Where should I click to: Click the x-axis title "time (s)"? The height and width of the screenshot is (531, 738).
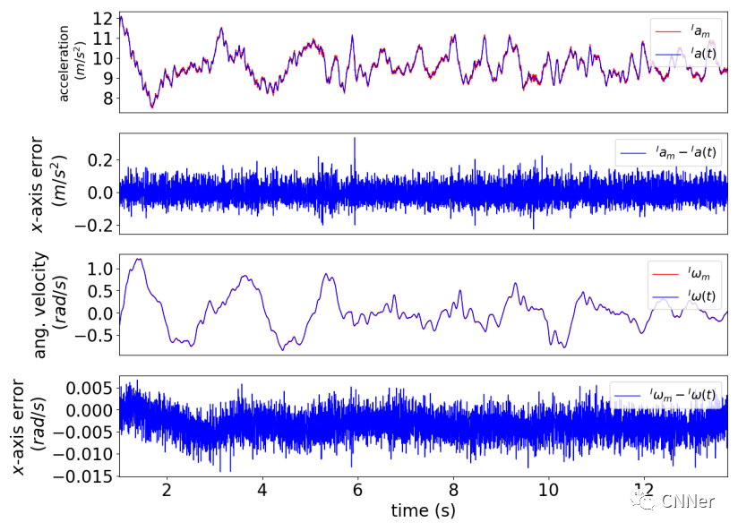click(x=423, y=511)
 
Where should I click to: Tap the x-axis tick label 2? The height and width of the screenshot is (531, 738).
click(x=167, y=490)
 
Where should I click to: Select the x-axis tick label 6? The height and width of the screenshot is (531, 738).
click(x=358, y=490)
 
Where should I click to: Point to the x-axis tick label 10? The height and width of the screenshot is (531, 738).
click(x=549, y=490)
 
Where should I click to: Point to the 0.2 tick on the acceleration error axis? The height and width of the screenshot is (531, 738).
click(x=100, y=159)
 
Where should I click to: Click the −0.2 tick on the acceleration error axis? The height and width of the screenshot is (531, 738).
click(x=96, y=224)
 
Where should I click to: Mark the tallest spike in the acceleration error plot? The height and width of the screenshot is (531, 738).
click(x=355, y=139)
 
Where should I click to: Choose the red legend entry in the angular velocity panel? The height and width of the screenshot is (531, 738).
click(x=688, y=273)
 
